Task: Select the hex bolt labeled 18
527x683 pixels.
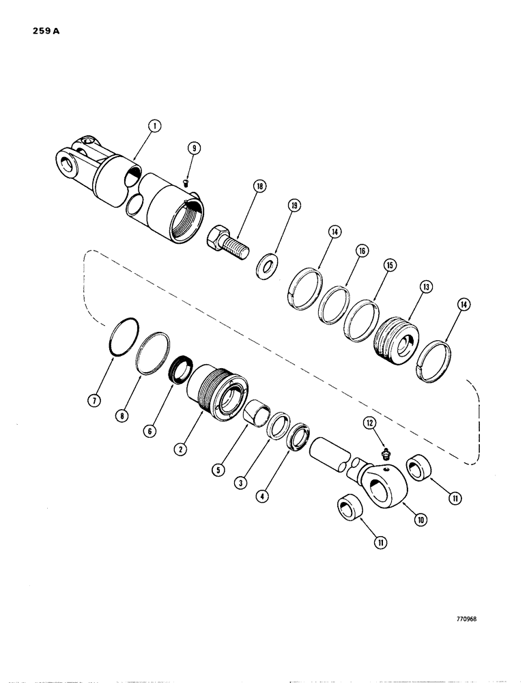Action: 227,242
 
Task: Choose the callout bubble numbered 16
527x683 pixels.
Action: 361,252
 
